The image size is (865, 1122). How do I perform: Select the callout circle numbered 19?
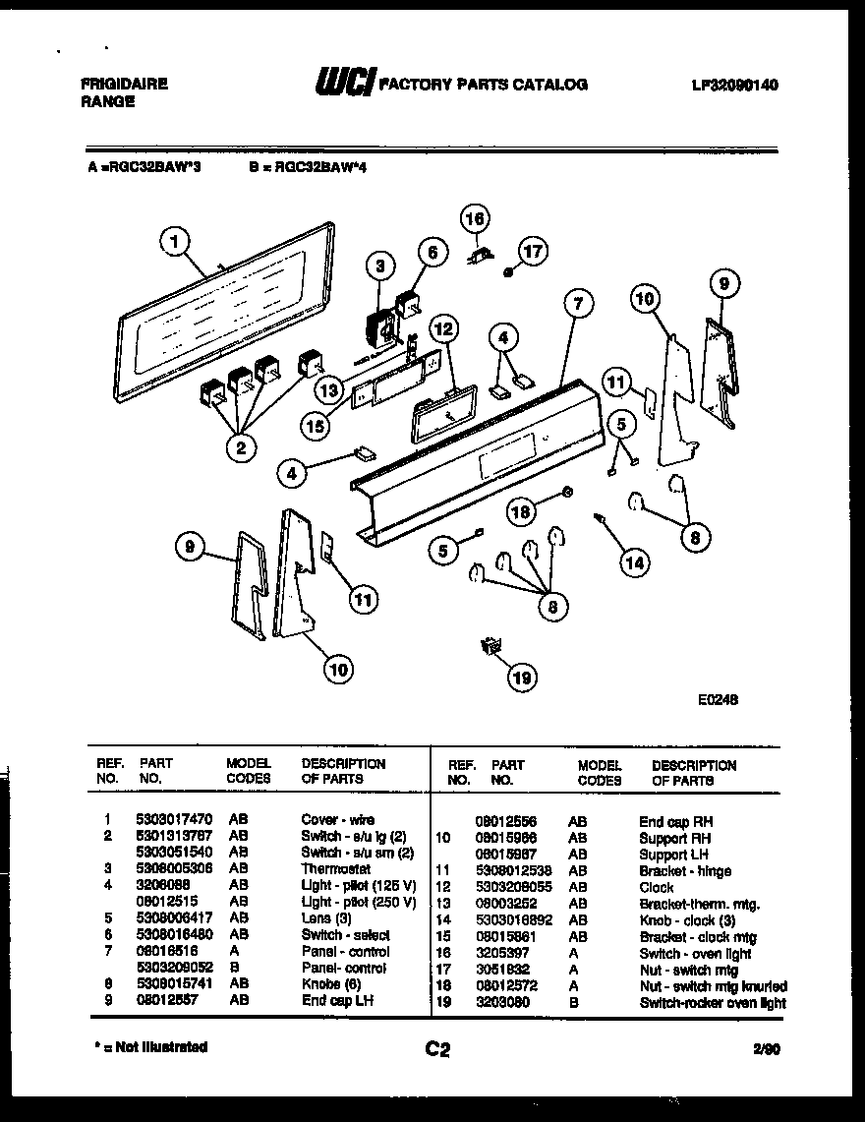(523, 677)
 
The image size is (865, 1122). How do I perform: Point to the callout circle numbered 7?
(577, 304)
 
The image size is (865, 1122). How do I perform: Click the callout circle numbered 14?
(634, 562)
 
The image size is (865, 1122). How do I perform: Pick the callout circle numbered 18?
(523, 510)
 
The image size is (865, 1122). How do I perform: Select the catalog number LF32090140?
(734, 86)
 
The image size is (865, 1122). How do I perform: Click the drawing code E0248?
(718, 700)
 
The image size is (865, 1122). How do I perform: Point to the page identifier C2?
(437, 1049)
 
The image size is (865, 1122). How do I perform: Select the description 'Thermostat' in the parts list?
(335, 869)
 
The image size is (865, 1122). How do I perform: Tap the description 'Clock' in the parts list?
(657, 887)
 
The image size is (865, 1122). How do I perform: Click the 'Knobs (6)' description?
(333, 984)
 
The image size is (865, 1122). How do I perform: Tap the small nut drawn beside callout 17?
(507, 272)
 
